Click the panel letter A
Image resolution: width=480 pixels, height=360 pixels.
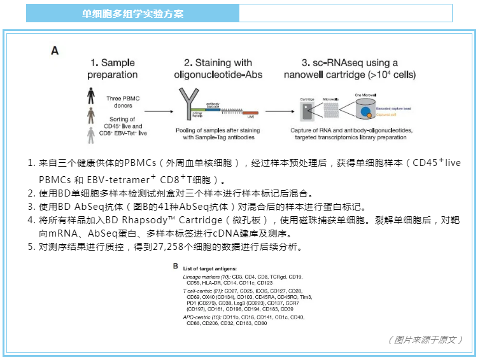click(x=55, y=50)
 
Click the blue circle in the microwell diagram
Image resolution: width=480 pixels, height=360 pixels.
click(x=366, y=112)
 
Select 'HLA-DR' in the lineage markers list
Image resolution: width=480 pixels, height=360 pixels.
click(x=211, y=283)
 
